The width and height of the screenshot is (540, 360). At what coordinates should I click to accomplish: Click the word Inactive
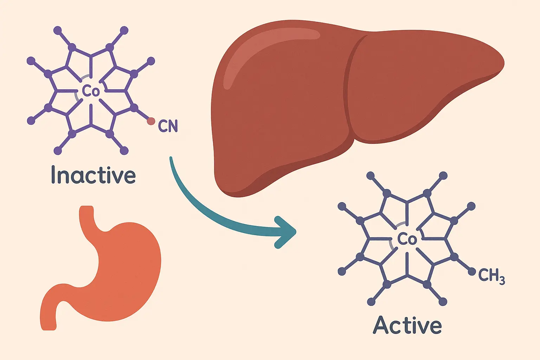(x=93, y=175)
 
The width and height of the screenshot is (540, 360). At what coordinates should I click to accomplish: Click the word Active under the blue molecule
(x=407, y=325)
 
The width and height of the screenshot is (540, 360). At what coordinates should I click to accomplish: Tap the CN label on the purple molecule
(x=168, y=126)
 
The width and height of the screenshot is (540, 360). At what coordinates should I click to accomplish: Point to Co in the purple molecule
(x=91, y=91)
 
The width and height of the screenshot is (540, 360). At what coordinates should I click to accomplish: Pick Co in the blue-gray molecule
(x=407, y=239)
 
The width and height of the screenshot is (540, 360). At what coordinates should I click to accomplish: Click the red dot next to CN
(x=151, y=121)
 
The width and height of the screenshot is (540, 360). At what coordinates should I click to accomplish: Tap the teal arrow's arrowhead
(x=287, y=232)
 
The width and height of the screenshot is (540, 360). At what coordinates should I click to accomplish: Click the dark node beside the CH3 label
(x=472, y=271)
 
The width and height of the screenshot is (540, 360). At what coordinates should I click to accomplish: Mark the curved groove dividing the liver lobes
(x=348, y=88)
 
